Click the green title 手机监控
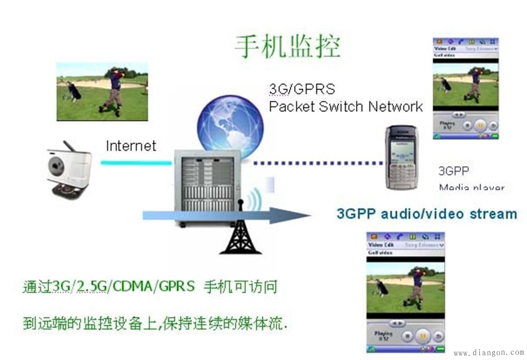287,47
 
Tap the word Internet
131,146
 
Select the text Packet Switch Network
345,107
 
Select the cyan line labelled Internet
136,162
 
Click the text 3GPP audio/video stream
427,214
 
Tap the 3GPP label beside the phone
453,171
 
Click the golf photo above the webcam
102,91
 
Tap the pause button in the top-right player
481,125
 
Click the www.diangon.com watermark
488,353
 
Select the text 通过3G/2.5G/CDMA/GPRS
109,287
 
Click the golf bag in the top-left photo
74,91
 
